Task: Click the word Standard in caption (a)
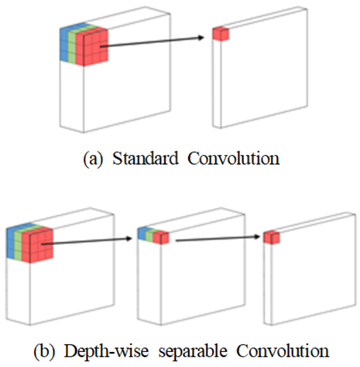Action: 145,158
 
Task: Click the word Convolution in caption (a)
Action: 233,158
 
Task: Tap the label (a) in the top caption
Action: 93,159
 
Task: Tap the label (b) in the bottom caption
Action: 44,351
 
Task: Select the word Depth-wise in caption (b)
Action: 106,351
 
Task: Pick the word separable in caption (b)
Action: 193,352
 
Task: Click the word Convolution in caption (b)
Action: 283,351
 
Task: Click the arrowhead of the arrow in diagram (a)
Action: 201,38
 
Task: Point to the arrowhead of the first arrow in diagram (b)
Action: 129,238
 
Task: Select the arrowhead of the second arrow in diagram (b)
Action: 257,236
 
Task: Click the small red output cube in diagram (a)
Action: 220,34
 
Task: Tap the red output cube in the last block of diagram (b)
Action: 272,238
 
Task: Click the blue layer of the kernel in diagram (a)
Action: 64,43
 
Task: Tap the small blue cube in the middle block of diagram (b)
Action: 142,233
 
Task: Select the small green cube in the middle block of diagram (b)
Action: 149,236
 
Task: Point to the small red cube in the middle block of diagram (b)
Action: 161,238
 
